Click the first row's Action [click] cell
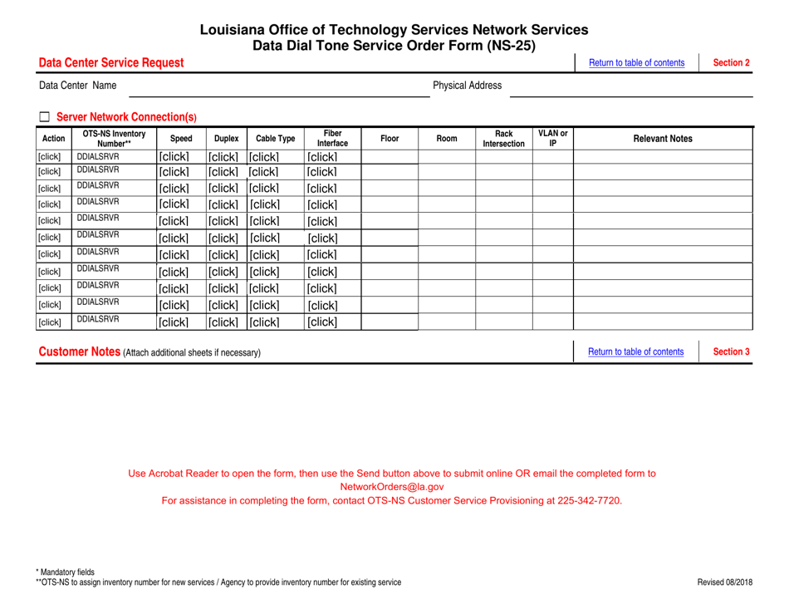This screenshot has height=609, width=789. [x=48, y=157]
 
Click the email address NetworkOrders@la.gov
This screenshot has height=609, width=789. [x=393, y=487]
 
